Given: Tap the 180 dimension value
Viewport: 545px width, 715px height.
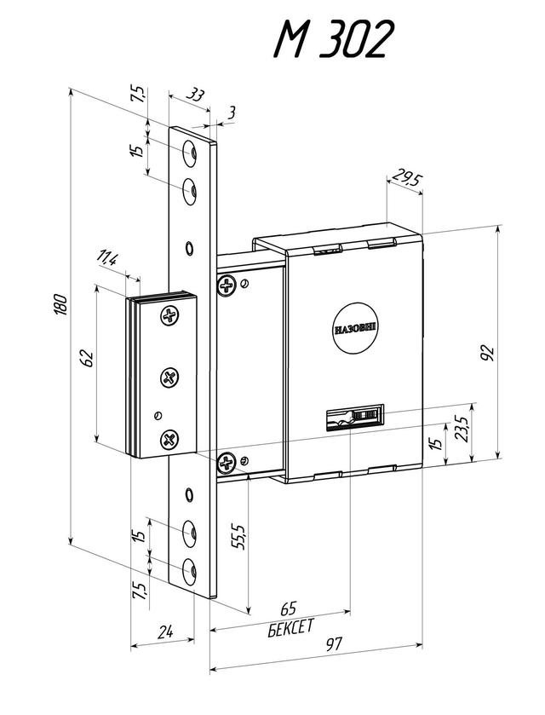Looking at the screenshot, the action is coord(61,305).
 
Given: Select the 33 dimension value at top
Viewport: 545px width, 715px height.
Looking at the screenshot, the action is coord(196,95).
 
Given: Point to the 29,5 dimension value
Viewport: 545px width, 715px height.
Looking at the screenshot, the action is coord(405,177).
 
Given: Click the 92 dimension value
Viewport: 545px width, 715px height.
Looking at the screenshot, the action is coord(487,354).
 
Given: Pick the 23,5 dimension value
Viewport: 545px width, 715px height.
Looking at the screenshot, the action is coord(462,430).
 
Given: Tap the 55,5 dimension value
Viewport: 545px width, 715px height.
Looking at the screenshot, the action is coord(241,537).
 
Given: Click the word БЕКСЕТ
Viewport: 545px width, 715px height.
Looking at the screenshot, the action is coord(290,628).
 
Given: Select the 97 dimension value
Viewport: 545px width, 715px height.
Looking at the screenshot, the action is coord(334,644).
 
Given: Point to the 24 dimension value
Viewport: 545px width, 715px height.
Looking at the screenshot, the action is coord(165,632).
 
